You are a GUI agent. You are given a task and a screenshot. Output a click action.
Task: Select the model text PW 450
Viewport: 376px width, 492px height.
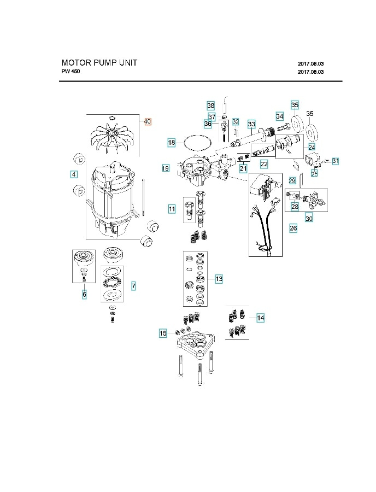coord(70,72)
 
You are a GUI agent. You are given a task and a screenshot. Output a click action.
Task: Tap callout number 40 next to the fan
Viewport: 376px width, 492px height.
coord(148,121)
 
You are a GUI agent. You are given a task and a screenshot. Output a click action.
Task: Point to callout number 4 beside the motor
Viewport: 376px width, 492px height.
coord(73,174)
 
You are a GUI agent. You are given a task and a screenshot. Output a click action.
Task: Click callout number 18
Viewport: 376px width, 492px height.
coord(172,142)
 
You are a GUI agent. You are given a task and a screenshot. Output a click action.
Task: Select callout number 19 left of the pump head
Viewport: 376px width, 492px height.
coord(166,168)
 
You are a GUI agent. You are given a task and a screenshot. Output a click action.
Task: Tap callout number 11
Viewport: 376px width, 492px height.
coord(172,209)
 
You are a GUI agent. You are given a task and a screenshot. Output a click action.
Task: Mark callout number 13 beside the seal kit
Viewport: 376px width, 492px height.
coord(219,279)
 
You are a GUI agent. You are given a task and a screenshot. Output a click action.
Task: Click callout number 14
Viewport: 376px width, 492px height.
coord(260,318)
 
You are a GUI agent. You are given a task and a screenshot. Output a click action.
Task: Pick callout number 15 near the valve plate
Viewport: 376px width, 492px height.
coord(163,333)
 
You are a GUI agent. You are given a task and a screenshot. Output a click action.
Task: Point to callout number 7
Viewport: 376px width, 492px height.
coord(133,286)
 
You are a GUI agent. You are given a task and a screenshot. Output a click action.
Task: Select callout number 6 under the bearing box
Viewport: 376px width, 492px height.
coord(84,295)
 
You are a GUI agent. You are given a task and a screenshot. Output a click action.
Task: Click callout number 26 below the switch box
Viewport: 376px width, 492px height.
coord(293,229)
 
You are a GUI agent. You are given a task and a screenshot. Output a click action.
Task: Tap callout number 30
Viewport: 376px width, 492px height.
coord(309,218)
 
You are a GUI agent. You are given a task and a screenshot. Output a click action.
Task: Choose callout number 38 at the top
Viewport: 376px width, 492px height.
coord(210,105)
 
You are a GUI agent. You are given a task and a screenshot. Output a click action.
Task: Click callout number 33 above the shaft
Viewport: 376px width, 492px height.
coord(251,124)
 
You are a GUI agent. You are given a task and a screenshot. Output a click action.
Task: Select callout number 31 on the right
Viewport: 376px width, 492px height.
coord(336,161)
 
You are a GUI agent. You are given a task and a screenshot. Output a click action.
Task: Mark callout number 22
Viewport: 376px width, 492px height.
coord(264,164)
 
